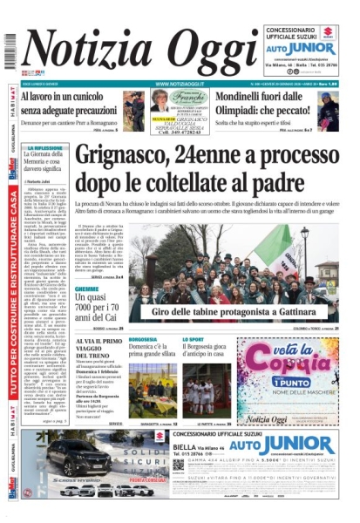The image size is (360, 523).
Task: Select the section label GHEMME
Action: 86,289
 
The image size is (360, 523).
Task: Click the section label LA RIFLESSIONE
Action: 44,148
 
